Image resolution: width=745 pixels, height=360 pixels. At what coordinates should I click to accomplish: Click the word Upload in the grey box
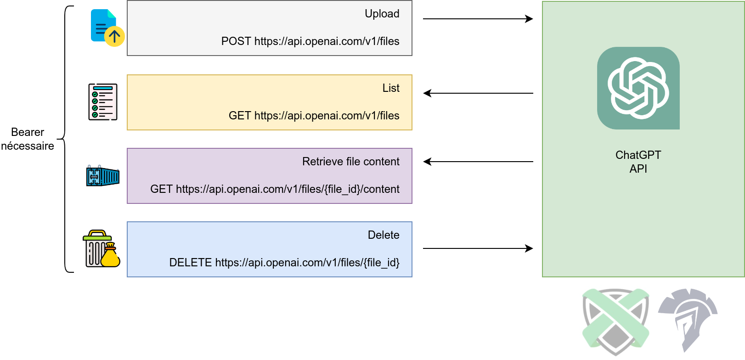382,14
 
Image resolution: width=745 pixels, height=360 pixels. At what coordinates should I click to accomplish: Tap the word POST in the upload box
236,41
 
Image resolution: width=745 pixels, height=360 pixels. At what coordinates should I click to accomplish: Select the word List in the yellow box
391,88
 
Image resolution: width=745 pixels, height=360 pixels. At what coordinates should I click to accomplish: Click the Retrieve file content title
350,162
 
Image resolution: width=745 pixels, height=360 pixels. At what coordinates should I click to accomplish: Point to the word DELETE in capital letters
190,263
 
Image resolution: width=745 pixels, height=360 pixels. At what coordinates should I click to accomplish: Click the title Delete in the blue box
384,235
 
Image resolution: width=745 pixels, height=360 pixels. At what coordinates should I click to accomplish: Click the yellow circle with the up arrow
114,36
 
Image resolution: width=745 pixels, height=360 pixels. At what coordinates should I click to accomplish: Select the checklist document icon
103,102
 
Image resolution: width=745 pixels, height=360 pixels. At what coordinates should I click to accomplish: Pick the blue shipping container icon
103,176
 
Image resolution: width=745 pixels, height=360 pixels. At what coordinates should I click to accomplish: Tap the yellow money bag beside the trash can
110,256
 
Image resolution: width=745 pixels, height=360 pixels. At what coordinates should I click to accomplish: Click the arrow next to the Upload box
478,19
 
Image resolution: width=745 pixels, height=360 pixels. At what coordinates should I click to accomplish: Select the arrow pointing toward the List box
478,93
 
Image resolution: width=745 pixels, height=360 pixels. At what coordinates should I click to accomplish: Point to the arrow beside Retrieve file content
478,162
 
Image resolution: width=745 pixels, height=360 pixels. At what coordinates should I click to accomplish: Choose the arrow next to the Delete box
478,248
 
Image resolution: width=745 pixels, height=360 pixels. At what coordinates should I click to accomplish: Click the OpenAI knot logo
638,88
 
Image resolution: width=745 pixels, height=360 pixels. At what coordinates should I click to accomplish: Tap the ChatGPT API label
638,162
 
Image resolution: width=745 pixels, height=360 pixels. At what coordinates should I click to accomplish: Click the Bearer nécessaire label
28,139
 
